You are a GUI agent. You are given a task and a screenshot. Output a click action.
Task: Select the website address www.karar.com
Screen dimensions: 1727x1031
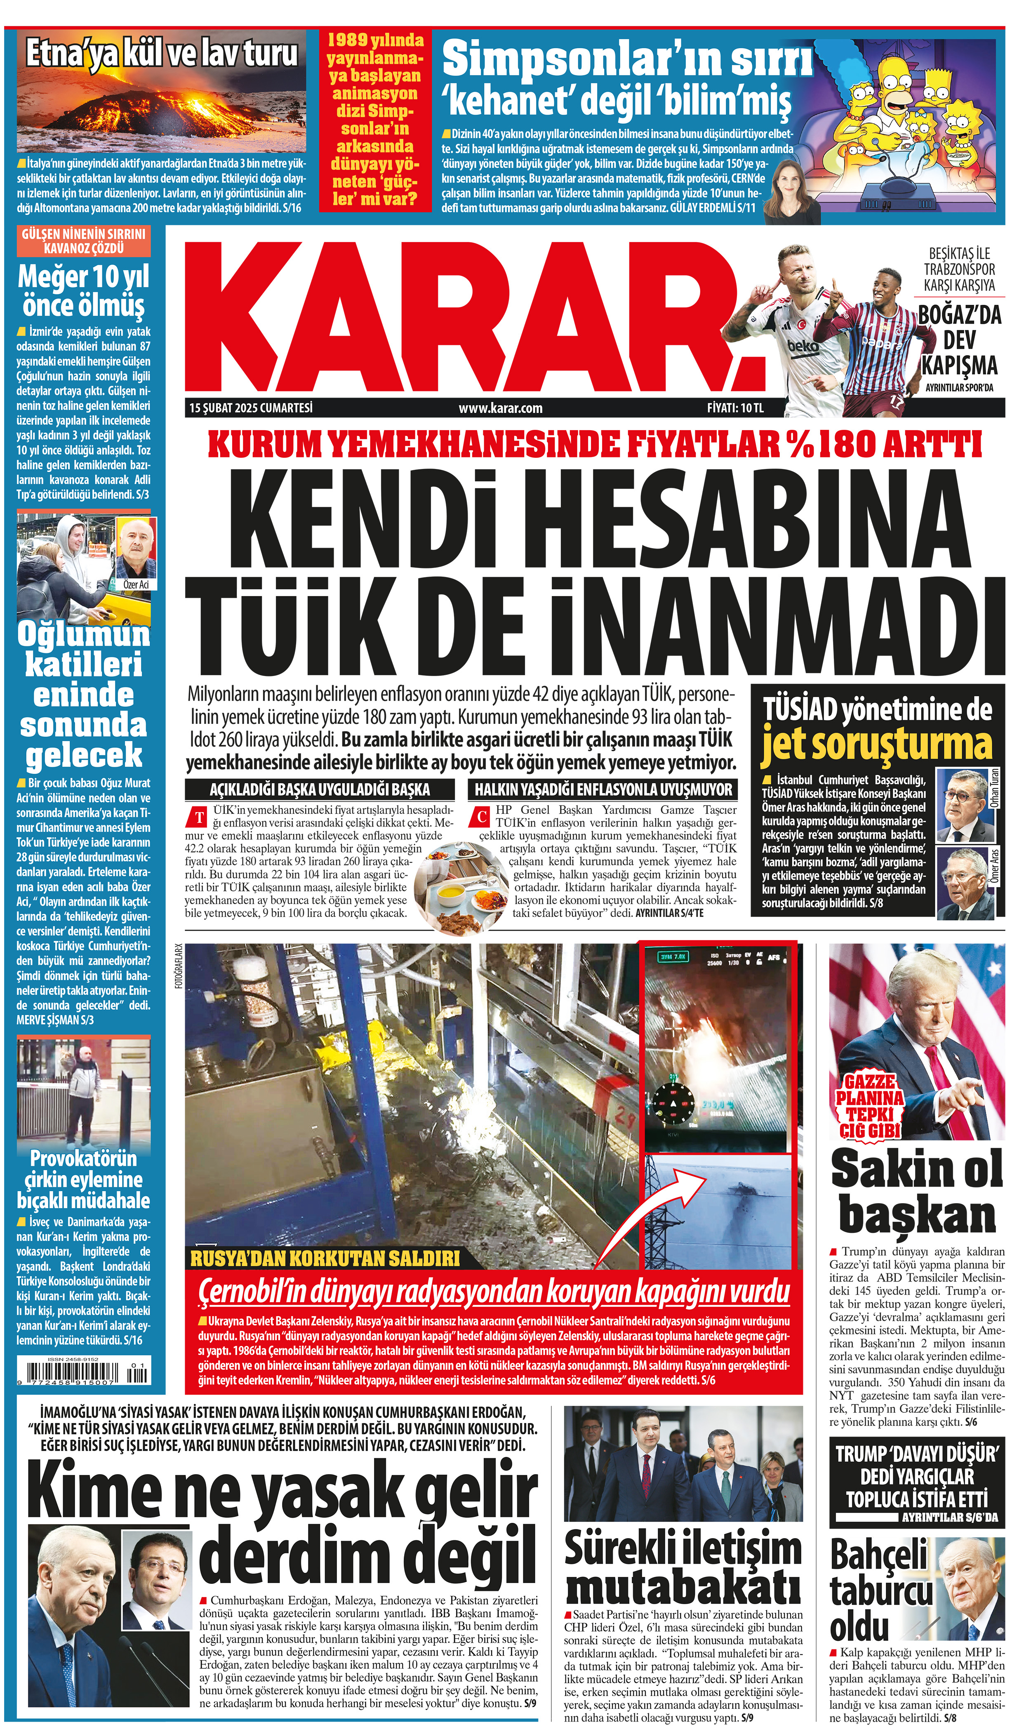tap(500, 408)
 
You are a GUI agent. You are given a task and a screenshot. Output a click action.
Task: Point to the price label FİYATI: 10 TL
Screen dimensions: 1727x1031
tap(735, 408)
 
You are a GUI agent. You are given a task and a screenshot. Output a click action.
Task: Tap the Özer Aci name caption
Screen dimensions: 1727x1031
tap(136, 585)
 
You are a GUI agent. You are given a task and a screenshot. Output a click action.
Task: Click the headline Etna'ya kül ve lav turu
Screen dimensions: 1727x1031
tap(161, 54)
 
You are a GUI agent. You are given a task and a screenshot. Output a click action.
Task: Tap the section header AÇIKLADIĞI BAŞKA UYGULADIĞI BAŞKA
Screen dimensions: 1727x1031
tap(320, 789)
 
